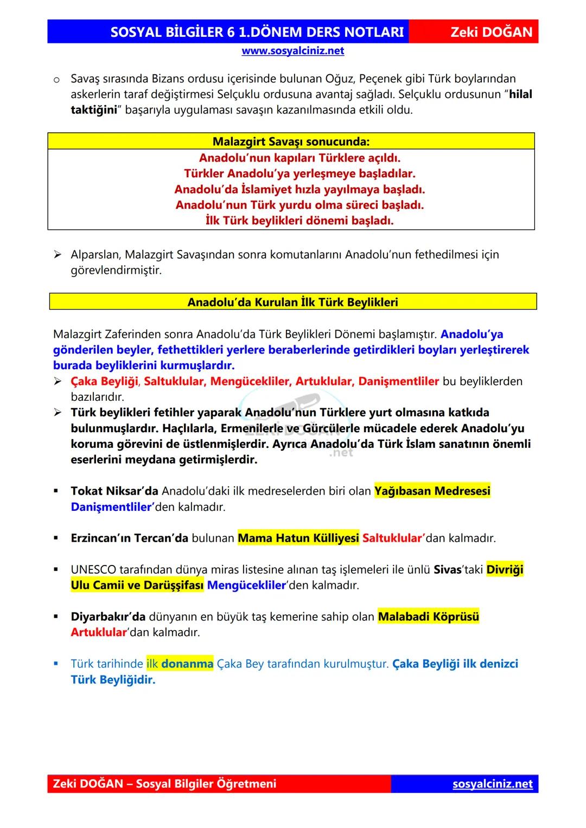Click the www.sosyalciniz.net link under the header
click(292, 51)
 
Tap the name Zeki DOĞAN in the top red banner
click(491, 32)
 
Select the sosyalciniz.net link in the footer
click(492, 784)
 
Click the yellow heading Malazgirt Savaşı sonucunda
click(291, 142)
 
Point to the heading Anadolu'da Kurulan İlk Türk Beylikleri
click(292, 302)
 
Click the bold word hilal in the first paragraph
click(520, 94)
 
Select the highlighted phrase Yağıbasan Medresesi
click(432, 491)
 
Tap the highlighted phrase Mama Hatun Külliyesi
click(298, 538)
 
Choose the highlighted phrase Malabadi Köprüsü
click(428, 617)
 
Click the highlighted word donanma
click(187, 664)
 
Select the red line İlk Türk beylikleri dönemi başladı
click(300, 221)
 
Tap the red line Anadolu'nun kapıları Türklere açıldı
click(300, 158)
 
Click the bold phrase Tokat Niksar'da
click(114, 491)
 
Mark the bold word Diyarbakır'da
click(108, 617)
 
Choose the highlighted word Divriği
click(505, 570)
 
